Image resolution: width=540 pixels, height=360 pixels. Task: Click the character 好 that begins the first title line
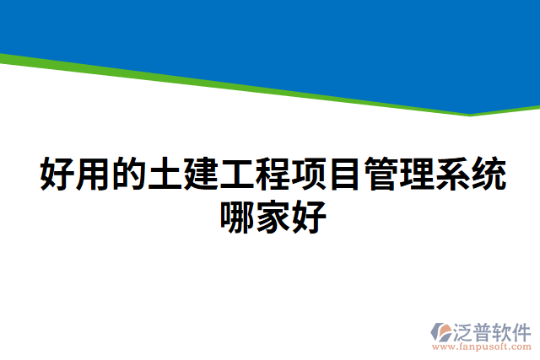57,175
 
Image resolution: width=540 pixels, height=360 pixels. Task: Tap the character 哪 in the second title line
237,216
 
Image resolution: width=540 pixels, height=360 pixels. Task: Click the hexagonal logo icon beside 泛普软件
442,331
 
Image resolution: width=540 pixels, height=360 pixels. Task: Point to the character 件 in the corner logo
521,330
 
